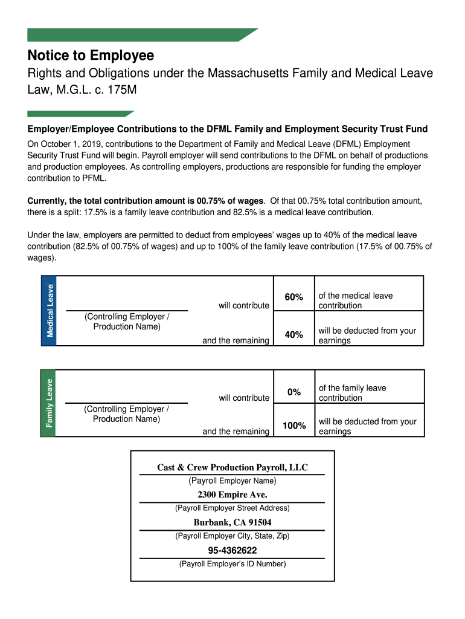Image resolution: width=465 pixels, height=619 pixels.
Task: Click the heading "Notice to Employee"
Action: click(x=91, y=56)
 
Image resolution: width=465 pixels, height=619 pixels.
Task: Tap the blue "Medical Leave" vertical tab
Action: click(x=49, y=311)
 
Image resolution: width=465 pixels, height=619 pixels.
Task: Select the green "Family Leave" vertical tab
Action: click(x=48, y=403)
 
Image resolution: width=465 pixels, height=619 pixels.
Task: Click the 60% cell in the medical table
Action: click(x=293, y=297)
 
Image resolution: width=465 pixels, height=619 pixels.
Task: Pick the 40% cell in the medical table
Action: click(x=293, y=334)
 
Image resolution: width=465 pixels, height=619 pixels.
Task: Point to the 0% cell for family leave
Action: click(x=293, y=392)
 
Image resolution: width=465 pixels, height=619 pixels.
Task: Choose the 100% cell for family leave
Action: click(x=293, y=426)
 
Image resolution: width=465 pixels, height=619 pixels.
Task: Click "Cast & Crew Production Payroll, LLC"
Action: click(x=232, y=467)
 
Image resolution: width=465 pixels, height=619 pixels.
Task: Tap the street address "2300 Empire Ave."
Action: click(x=232, y=495)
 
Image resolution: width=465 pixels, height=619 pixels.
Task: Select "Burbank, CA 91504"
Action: click(x=232, y=522)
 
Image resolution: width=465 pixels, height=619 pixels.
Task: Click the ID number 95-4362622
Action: click(x=232, y=550)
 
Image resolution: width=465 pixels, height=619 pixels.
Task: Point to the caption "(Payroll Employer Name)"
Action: click(x=232, y=481)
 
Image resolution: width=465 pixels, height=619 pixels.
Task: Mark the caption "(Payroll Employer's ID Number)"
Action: click(x=232, y=564)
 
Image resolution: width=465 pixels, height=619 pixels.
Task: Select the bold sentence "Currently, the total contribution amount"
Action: click(x=146, y=201)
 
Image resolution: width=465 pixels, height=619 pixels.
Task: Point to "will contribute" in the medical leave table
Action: click(x=244, y=305)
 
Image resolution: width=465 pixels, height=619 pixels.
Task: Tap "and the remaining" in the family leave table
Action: click(x=236, y=431)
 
